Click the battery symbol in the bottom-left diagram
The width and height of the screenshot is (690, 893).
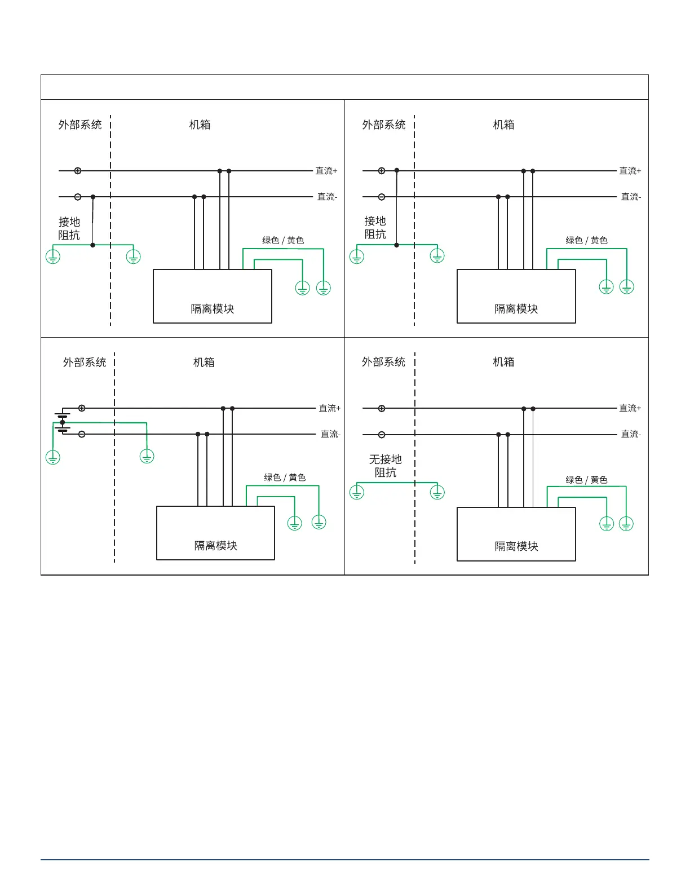tap(63, 423)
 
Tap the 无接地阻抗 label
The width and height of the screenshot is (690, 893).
tap(386, 466)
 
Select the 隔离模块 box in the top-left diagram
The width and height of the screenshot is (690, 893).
tap(213, 297)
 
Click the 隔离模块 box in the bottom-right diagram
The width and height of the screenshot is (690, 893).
tap(516, 534)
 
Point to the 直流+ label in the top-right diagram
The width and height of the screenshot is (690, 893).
tap(630, 171)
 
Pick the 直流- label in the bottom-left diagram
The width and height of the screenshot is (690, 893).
tap(331, 434)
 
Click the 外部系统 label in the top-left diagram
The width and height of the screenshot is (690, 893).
tap(80, 125)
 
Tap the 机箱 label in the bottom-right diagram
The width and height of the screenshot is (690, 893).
tap(503, 362)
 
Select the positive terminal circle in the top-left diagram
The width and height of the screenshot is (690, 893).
tap(78, 171)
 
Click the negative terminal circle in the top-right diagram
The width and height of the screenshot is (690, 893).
tap(382, 197)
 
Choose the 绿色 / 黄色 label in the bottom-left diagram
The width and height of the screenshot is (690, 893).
tap(285, 478)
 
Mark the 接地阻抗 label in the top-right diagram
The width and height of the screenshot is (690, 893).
tap(375, 228)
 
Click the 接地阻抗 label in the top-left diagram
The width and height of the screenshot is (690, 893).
tap(69, 229)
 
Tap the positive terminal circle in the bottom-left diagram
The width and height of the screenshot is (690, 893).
tap(82, 408)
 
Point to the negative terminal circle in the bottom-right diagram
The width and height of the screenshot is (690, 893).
tap(382, 435)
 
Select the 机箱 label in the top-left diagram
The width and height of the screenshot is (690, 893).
tap(200, 125)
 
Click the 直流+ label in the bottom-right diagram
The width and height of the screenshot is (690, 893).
tap(630, 408)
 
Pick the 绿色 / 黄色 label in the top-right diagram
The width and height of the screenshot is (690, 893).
tap(587, 240)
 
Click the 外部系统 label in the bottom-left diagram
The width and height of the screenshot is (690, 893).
tap(85, 362)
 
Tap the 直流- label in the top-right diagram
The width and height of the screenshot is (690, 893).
tap(631, 197)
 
